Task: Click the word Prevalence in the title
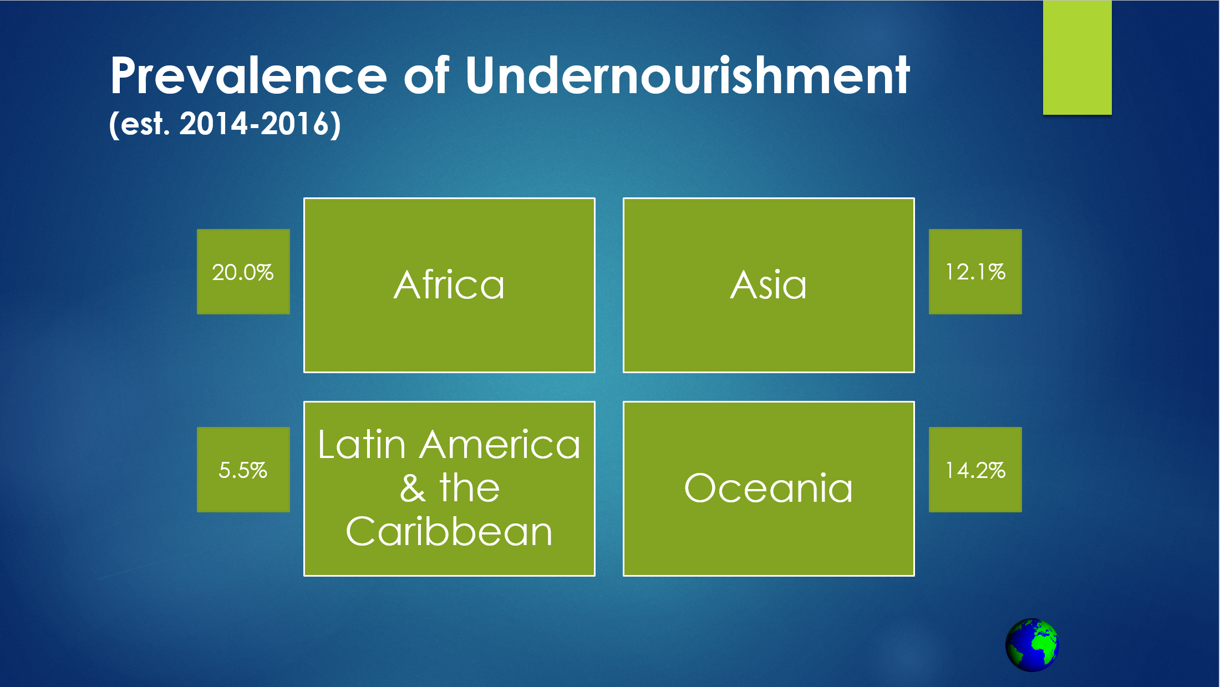point(248,76)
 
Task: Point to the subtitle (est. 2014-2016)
point(225,124)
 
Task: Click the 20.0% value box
point(243,272)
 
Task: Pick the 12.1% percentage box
point(975,272)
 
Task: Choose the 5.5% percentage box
point(243,470)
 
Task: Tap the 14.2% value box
point(975,470)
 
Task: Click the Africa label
point(449,285)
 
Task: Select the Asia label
point(769,285)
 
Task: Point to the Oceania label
point(769,488)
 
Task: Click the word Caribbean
point(449,531)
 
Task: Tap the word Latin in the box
point(362,445)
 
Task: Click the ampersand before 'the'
point(413,488)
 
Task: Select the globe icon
point(1032,645)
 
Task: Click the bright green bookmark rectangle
point(1077,58)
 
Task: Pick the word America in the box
point(500,445)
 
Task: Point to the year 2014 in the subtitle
point(213,124)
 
